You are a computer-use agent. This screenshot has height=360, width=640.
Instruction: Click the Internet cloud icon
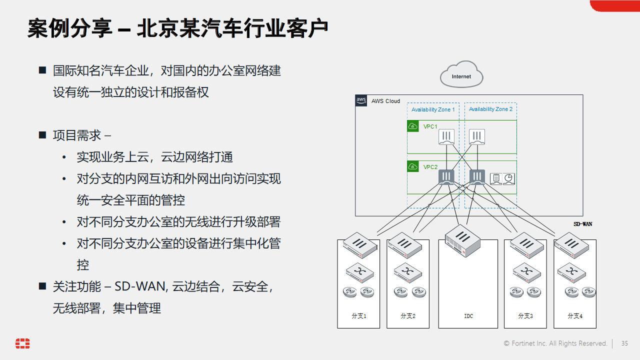pos(461,75)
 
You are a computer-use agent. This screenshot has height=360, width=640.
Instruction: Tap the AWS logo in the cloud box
pos(361,100)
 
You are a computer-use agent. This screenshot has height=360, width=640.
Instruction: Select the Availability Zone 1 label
pos(433,109)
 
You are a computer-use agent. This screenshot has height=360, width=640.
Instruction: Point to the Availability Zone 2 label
pos(490,109)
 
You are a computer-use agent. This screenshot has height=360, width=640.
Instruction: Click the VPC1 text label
pos(430,126)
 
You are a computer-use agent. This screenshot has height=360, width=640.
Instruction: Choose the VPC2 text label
pos(430,167)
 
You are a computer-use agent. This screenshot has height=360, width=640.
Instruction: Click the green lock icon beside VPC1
pos(413,126)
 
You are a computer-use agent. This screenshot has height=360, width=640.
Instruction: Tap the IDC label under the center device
pos(468,316)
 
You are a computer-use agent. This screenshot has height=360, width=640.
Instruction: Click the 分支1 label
pos(358,316)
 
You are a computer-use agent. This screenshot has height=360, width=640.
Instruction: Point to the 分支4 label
pos(575,316)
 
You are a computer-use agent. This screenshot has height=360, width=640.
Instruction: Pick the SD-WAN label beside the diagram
pos(582,224)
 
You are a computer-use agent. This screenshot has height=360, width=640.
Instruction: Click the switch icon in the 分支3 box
pos(525,271)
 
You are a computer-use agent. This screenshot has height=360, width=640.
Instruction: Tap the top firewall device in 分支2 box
pos(407,244)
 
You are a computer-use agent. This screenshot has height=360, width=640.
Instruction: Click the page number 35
pos(624,343)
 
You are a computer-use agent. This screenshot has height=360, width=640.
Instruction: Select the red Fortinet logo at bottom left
pos(22,343)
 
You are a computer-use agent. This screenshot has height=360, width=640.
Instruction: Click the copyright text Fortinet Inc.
pos(555,343)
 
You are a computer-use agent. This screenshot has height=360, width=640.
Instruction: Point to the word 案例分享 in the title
pos(69,28)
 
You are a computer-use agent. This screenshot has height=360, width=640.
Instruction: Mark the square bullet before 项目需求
pos(42,135)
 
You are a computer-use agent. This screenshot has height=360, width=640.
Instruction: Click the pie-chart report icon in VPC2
pos(508,178)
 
